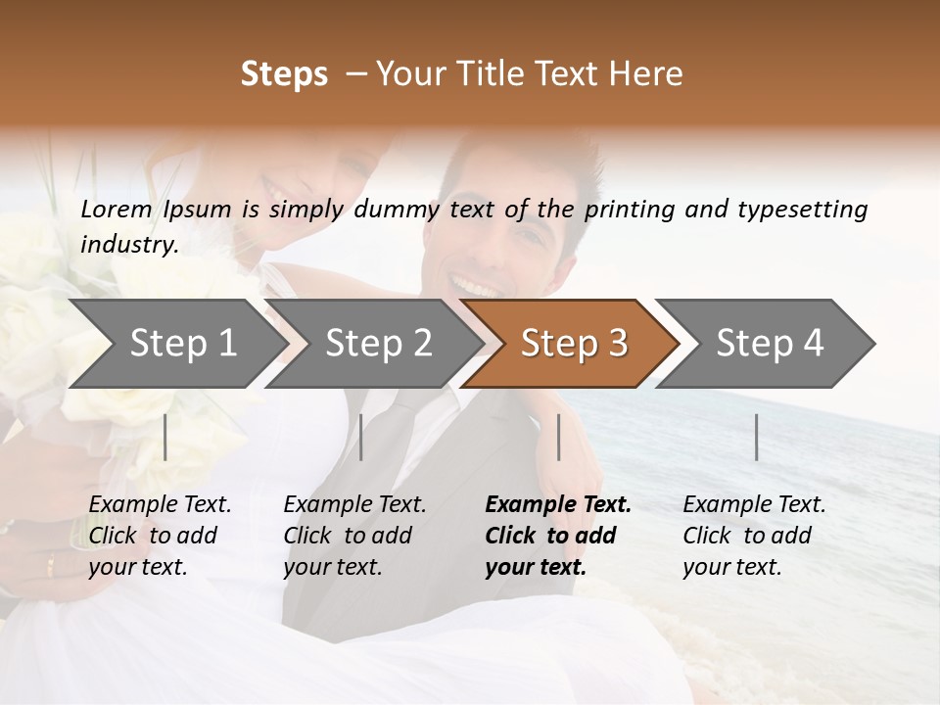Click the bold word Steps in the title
tap(284, 74)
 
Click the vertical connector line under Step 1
tap(165, 437)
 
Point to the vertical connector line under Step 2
tap(361, 437)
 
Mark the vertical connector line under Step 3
tap(558, 437)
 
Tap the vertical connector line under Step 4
tap(756, 437)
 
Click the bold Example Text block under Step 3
tap(558, 536)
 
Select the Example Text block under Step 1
tap(160, 536)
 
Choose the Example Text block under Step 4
tap(754, 536)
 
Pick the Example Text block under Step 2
tap(354, 536)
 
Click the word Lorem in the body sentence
tap(117, 209)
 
